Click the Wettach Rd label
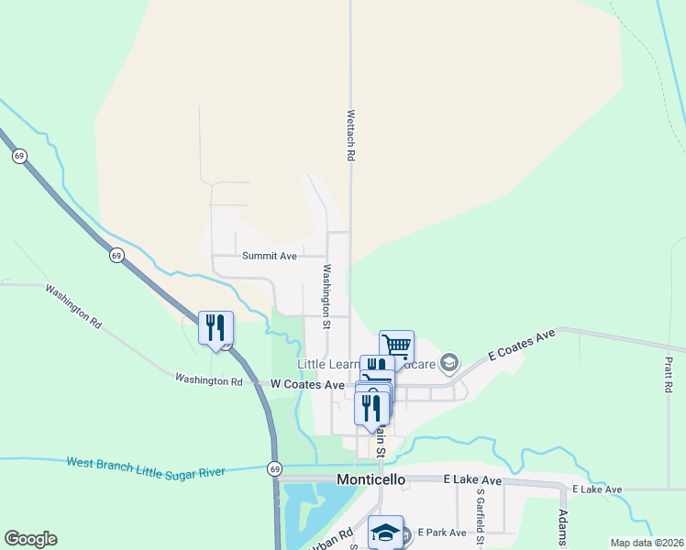(350, 137)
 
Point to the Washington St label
(326, 296)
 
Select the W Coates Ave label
(307, 385)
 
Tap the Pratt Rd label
(669, 375)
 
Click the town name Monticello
(371, 479)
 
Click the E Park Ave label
(442, 533)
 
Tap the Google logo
(30, 539)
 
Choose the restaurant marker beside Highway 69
(216, 328)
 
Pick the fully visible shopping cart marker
(396, 346)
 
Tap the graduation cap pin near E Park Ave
(386, 532)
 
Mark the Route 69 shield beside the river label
(275, 468)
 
